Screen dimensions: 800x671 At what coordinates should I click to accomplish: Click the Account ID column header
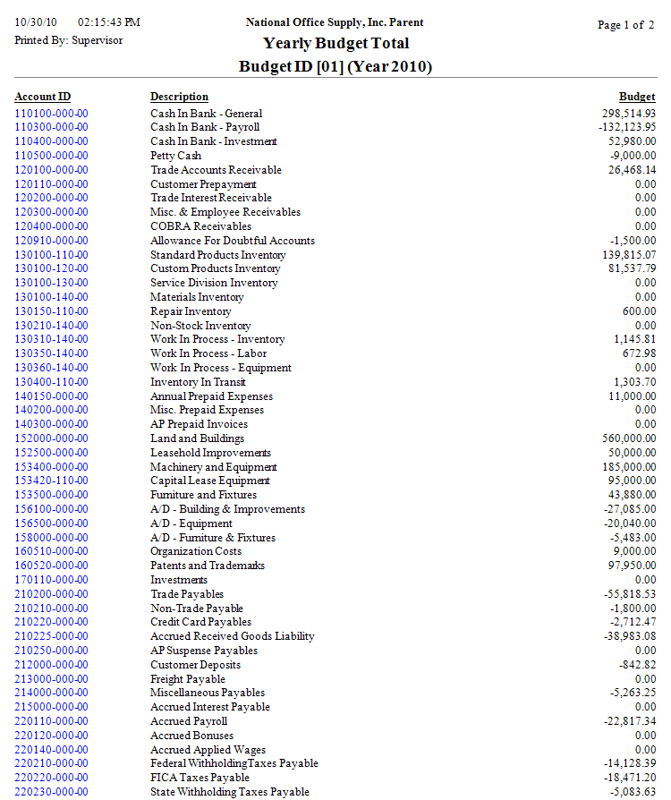(x=43, y=97)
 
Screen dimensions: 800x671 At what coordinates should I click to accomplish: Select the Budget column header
(x=637, y=97)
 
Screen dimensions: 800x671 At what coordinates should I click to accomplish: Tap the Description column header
(x=179, y=97)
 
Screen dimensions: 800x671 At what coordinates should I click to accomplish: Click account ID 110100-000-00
(x=51, y=114)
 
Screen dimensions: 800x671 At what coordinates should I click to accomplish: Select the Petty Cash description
(x=175, y=156)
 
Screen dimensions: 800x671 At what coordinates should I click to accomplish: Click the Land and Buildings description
(x=197, y=438)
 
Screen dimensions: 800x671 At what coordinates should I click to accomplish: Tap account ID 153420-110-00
(x=51, y=481)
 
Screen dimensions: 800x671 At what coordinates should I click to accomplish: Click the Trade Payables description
(x=187, y=594)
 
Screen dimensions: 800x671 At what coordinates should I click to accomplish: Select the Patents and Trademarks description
(x=208, y=566)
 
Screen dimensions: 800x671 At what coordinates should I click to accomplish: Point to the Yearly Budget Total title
(x=335, y=43)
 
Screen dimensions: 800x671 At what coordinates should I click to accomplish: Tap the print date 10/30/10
(x=35, y=21)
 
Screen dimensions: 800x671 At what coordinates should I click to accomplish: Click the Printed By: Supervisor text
(x=69, y=40)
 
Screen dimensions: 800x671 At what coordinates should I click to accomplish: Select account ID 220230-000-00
(x=51, y=792)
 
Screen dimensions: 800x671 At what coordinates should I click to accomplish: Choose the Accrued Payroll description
(x=189, y=721)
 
